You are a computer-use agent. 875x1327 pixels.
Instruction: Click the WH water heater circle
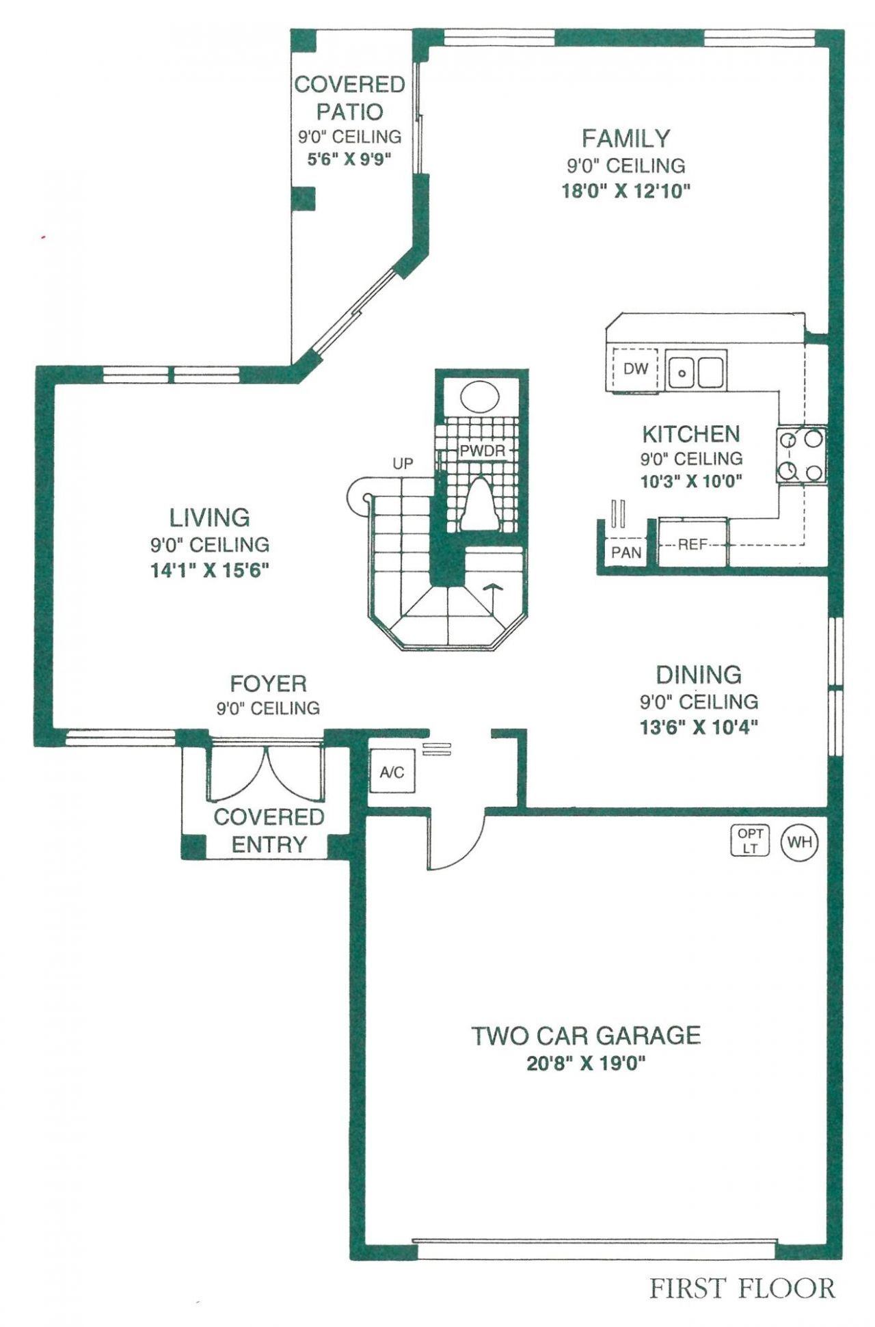(x=800, y=842)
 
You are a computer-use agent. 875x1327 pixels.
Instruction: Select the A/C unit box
(x=392, y=772)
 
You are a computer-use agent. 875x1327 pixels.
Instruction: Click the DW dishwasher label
(x=635, y=369)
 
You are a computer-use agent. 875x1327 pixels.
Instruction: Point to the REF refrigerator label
(x=692, y=545)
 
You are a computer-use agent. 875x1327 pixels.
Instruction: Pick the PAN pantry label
(x=626, y=552)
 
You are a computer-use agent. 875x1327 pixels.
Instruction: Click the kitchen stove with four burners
(x=800, y=455)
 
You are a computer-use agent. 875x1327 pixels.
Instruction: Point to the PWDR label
(x=482, y=451)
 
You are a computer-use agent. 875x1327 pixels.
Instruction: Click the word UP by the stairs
(x=403, y=464)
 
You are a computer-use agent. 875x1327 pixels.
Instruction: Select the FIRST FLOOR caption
(x=742, y=1289)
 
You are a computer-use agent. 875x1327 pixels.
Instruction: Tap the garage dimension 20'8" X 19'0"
(x=586, y=1064)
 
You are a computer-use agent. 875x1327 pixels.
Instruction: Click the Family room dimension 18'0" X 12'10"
(x=625, y=191)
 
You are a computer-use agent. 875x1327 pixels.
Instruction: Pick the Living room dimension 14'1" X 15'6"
(x=210, y=570)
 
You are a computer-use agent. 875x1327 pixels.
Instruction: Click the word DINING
(x=699, y=675)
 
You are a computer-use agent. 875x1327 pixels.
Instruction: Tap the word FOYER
(x=268, y=684)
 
